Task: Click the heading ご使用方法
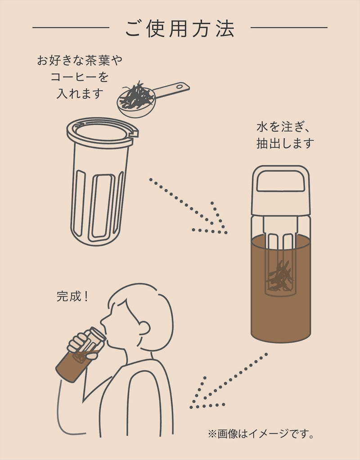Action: pyautogui.click(x=180, y=28)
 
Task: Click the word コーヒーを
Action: pyautogui.click(x=80, y=77)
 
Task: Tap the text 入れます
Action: pyautogui.click(x=80, y=94)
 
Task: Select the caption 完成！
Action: pyautogui.click(x=72, y=297)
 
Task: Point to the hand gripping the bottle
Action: pyautogui.click(x=83, y=345)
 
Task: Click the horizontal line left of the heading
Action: pyautogui.click(x=71, y=28)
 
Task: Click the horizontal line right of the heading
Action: pyautogui.click(x=289, y=28)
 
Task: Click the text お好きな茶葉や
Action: pyautogui.click(x=80, y=61)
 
